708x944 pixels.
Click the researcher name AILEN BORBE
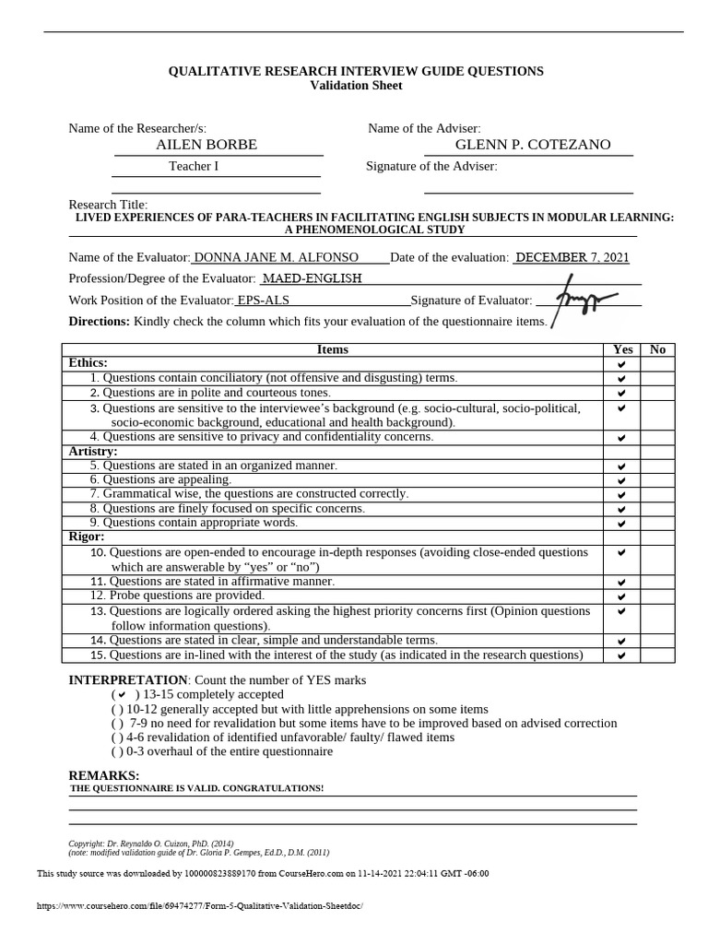[206, 145]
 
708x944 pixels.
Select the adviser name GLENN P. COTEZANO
[533, 145]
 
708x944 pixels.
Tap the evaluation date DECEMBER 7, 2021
[572, 257]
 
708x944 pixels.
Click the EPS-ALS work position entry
[263, 300]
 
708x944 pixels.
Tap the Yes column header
[622, 349]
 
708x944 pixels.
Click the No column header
[657, 349]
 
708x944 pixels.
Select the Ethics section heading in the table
[88, 363]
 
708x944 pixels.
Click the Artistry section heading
[93, 452]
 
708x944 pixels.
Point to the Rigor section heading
[87, 537]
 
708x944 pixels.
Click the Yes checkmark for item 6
[621, 480]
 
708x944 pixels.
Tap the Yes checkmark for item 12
[621, 596]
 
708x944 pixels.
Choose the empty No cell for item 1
[657, 378]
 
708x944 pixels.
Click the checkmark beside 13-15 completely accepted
[122, 694]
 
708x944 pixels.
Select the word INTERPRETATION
[128, 679]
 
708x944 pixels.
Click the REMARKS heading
[104, 775]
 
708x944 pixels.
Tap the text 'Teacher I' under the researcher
[194, 167]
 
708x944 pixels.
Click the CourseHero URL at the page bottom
[200, 906]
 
